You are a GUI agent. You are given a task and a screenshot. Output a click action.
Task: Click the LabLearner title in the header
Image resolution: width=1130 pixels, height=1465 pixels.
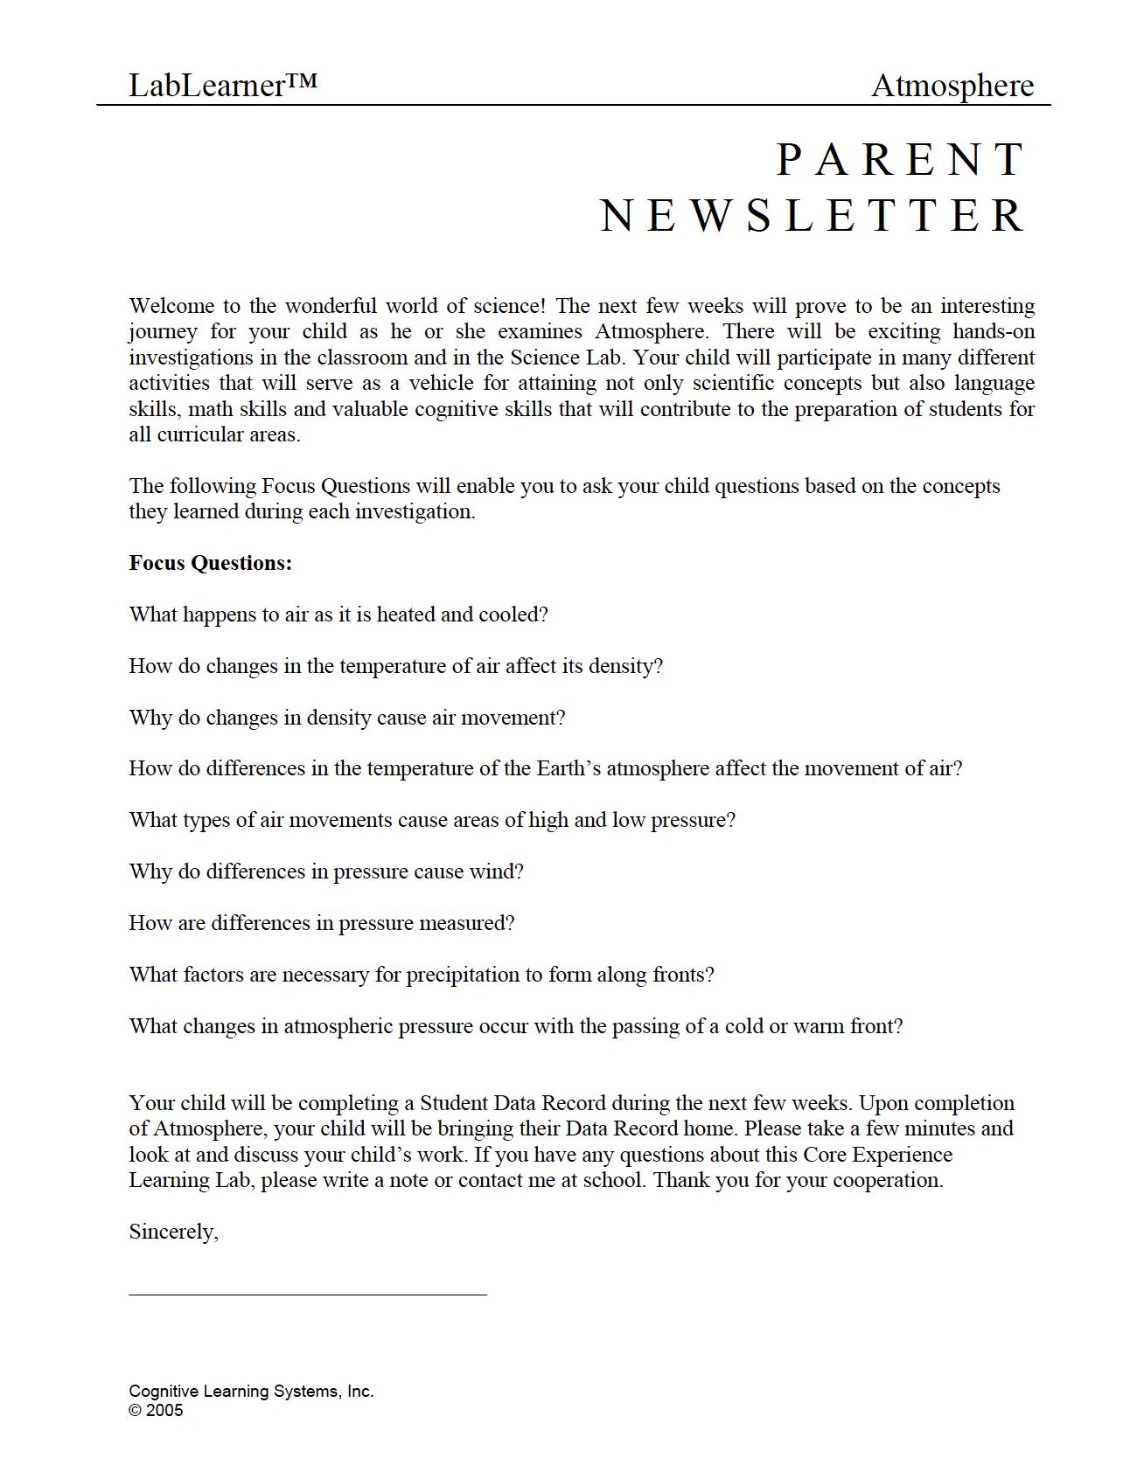pos(222,85)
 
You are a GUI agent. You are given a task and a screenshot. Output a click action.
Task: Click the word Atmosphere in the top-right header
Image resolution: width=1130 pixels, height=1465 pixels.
pos(952,86)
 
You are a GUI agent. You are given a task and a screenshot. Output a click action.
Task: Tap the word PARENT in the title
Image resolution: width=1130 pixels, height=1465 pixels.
pos(901,160)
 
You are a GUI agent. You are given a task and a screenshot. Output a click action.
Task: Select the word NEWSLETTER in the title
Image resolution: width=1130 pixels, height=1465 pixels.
pos(813,216)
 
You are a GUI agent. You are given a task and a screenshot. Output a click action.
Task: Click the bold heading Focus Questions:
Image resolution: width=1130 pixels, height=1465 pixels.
pos(211,563)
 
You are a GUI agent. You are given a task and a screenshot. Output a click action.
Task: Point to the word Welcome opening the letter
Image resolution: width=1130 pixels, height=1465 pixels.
pos(171,306)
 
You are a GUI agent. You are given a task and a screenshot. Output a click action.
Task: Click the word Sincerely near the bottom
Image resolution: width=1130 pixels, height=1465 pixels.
pos(171,1232)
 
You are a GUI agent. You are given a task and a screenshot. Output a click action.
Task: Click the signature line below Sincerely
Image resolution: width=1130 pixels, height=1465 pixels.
pos(308,1293)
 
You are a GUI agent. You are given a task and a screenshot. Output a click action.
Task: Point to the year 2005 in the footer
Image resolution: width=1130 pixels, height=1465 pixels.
pos(164,1410)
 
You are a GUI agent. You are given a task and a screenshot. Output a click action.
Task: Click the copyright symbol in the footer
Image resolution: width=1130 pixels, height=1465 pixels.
pos(135,1410)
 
